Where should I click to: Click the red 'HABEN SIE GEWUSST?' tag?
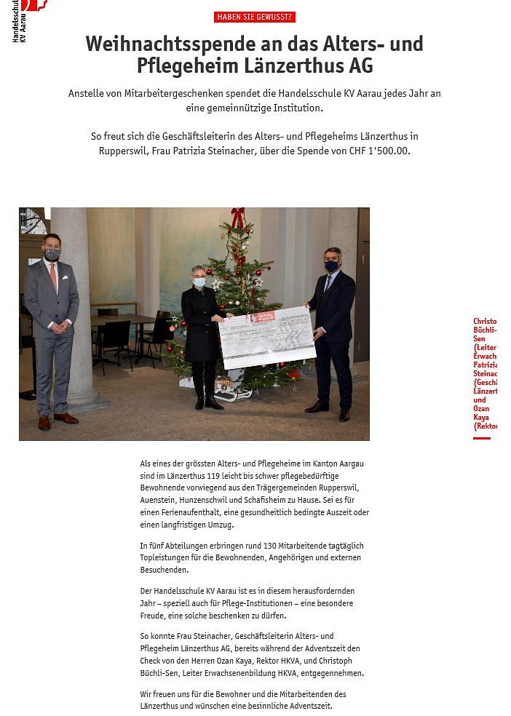pos(254,17)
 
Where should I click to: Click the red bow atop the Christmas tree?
pos(238,216)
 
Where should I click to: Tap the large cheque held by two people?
pos(266,336)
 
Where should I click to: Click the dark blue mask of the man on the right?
pos(331,266)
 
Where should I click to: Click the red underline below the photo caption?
pos(482,438)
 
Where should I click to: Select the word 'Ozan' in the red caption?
pos(480,409)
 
